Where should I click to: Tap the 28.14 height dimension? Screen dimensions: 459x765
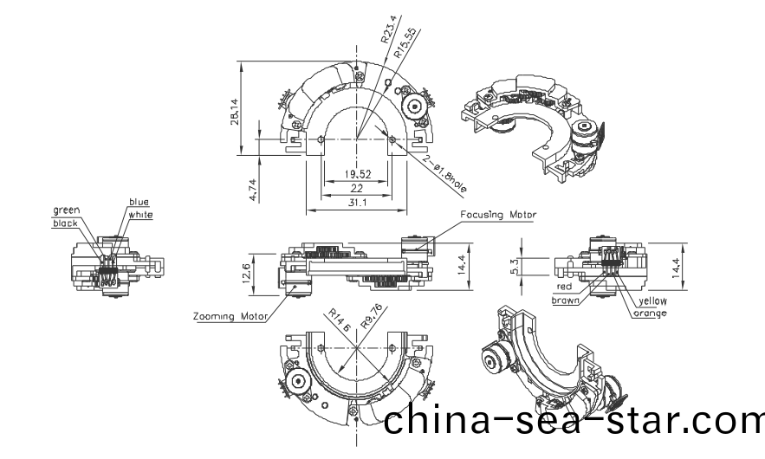pos(236,111)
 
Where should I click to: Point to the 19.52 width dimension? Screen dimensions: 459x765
pos(358,174)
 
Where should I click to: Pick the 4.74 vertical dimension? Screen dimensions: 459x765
pos(252,190)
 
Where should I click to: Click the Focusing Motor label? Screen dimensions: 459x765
pos(498,214)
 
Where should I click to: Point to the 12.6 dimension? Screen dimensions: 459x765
pos(246,272)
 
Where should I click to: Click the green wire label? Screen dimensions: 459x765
pos(67,210)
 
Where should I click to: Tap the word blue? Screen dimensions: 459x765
pos(139,202)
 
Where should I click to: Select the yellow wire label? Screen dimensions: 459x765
pos(652,301)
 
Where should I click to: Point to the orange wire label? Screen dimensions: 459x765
pos(650,313)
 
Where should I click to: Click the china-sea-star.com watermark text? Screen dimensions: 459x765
pos(573,421)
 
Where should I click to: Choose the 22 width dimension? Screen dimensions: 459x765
pos(358,188)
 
